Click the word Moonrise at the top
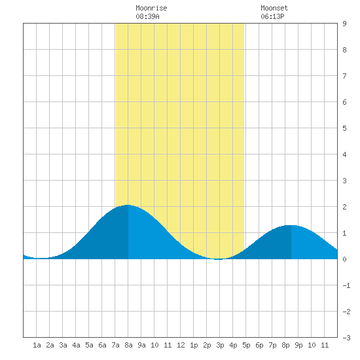point(151,8)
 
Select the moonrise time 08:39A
point(147,16)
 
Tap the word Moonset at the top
point(274,8)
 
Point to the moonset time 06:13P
point(272,16)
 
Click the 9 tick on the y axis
point(344,24)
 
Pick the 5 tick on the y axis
point(344,128)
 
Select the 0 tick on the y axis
point(344,259)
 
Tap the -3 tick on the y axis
point(346,338)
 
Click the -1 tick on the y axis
point(346,285)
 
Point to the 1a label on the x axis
point(37,345)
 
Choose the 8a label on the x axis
point(128,345)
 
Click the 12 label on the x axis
point(181,345)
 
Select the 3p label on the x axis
point(220,345)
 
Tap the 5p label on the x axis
point(246,345)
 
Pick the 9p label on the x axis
point(298,345)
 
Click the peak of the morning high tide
point(128,205)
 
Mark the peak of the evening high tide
point(291,225)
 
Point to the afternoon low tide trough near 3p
point(219,259)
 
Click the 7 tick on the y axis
point(344,76)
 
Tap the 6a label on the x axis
point(102,345)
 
